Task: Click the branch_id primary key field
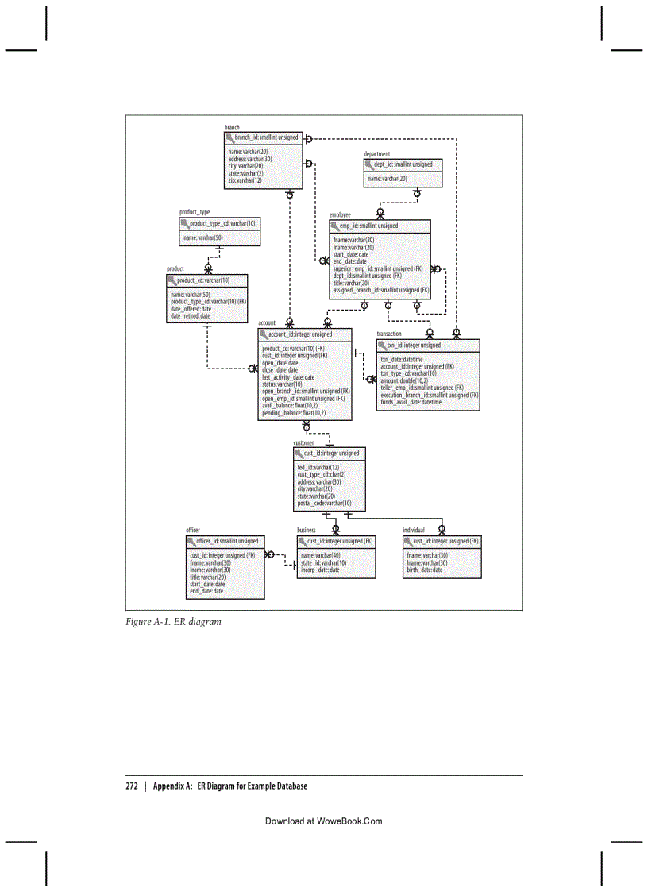coord(267,137)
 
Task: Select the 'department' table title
coord(376,154)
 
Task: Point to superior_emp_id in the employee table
coord(377,268)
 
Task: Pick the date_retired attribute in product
coord(191,316)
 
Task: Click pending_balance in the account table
coord(294,413)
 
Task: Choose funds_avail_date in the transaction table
coord(411,402)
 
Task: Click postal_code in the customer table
coord(324,503)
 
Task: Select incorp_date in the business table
coord(320,570)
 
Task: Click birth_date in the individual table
coord(425,570)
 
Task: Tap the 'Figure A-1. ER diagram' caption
coord(173,622)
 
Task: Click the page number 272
coord(132,786)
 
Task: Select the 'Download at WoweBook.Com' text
coord(324,822)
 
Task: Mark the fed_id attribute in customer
coord(318,468)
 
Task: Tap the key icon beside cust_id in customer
coord(299,453)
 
